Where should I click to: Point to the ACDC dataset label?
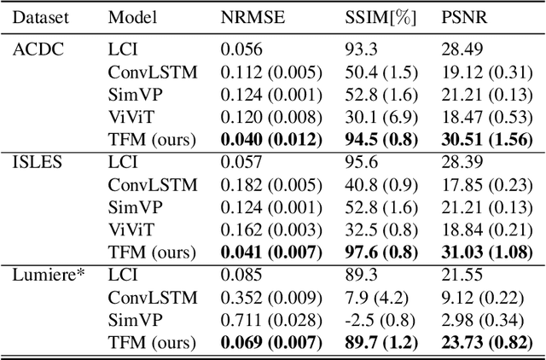point(34,49)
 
